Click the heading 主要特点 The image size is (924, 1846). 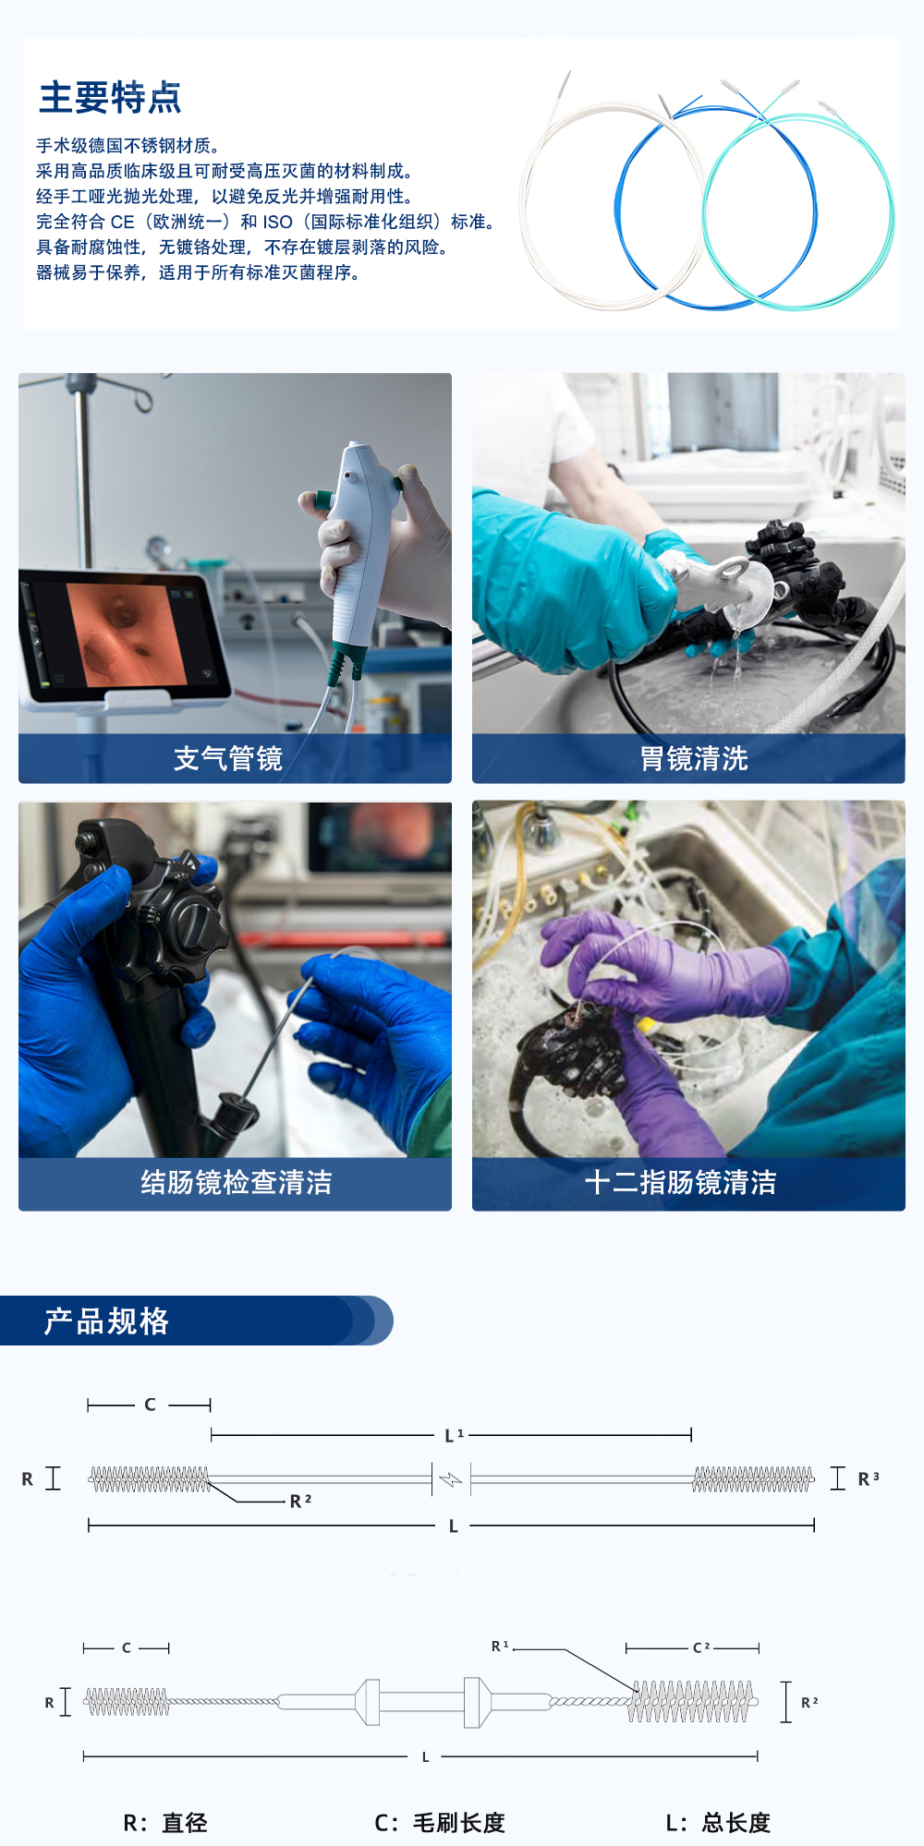(110, 98)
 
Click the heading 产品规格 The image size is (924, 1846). (107, 1321)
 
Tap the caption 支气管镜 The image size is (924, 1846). (228, 759)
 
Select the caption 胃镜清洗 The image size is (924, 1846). (694, 759)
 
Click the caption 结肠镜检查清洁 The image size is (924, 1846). (236, 1183)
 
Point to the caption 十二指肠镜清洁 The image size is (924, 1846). (681, 1183)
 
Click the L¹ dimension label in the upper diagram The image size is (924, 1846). (454, 1435)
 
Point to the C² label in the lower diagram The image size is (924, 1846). (701, 1647)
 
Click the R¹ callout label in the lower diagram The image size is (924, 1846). (500, 1646)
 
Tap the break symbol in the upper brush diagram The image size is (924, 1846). (451, 1479)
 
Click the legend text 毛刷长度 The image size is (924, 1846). (459, 1823)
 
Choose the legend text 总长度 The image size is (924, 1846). (736, 1823)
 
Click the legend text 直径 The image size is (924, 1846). (185, 1823)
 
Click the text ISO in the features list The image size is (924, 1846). (277, 223)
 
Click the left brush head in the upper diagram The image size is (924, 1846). (150, 1479)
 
